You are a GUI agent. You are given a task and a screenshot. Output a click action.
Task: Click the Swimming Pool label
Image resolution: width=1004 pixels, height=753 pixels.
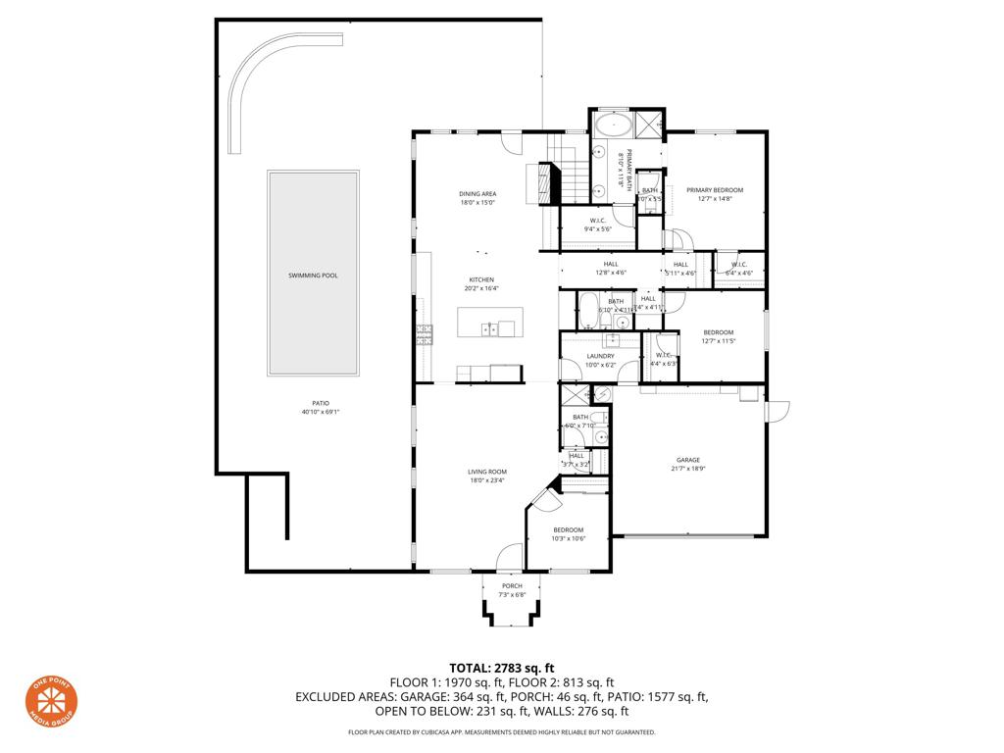point(313,276)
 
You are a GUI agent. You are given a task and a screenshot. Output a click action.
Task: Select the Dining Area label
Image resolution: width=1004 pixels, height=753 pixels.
point(477,194)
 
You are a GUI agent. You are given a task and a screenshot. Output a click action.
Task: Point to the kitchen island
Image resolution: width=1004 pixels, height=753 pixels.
point(490,322)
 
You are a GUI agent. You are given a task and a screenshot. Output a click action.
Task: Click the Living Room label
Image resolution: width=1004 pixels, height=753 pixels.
point(486,472)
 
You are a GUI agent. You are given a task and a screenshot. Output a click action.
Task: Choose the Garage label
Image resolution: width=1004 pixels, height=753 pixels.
point(687,459)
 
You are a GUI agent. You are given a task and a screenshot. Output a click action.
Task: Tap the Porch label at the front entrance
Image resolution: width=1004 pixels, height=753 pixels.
point(512,586)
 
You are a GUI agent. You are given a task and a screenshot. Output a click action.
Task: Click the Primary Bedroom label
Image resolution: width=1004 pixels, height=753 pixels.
point(715,190)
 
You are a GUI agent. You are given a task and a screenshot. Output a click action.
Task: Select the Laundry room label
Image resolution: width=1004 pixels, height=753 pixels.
point(600,356)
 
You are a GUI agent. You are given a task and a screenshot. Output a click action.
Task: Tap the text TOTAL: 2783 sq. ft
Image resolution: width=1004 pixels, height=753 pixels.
point(501,668)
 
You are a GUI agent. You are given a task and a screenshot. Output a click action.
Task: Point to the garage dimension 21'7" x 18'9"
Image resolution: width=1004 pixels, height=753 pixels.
point(687,469)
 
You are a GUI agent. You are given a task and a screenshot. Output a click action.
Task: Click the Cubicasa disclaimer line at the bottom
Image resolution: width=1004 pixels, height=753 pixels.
point(501,732)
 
